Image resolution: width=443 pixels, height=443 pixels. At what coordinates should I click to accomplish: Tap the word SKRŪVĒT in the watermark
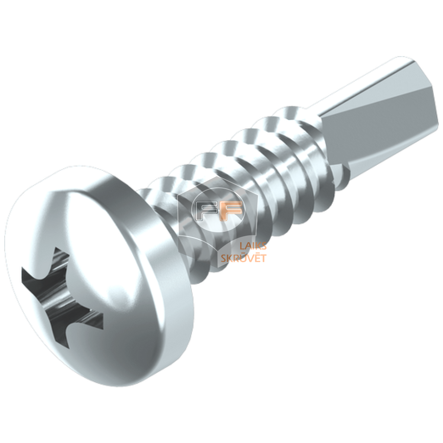click(x=244, y=258)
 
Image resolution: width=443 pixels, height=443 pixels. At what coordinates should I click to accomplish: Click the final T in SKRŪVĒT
click(x=263, y=258)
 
